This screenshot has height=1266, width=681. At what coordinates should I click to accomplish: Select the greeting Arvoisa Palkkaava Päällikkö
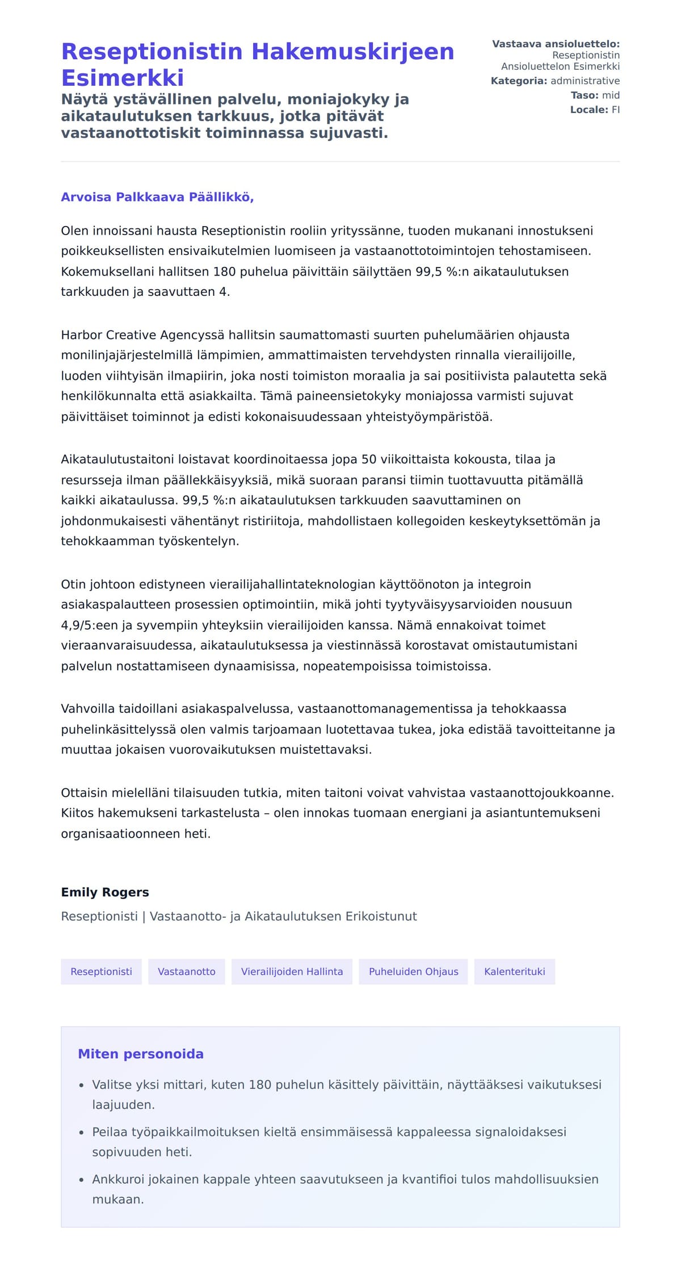tap(157, 197)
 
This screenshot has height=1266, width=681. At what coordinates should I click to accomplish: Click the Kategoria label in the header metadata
tap(519, 81)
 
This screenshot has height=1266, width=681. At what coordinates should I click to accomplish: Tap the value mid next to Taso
tap(611, 95)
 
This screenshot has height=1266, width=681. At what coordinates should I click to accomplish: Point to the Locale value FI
tap(615, 110)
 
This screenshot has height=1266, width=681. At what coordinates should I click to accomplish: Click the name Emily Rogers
tap(105, 892)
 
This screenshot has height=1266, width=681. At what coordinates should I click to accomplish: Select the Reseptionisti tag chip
tap(101, 971)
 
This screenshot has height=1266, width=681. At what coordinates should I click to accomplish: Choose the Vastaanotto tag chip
tap(186, 971)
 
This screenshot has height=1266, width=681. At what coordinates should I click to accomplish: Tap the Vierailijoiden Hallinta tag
tap(292, 971)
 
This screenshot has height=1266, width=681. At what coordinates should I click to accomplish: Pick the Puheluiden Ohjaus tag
tap(413, 971)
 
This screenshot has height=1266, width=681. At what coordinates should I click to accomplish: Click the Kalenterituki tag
tap(514, 971)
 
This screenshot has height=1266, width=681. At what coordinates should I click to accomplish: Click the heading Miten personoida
tap(141, 1054)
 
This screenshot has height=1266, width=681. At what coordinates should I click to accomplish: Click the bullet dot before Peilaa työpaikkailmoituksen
tap(82, 1133)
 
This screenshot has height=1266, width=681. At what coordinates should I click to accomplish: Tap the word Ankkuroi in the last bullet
tap(118, 1179)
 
